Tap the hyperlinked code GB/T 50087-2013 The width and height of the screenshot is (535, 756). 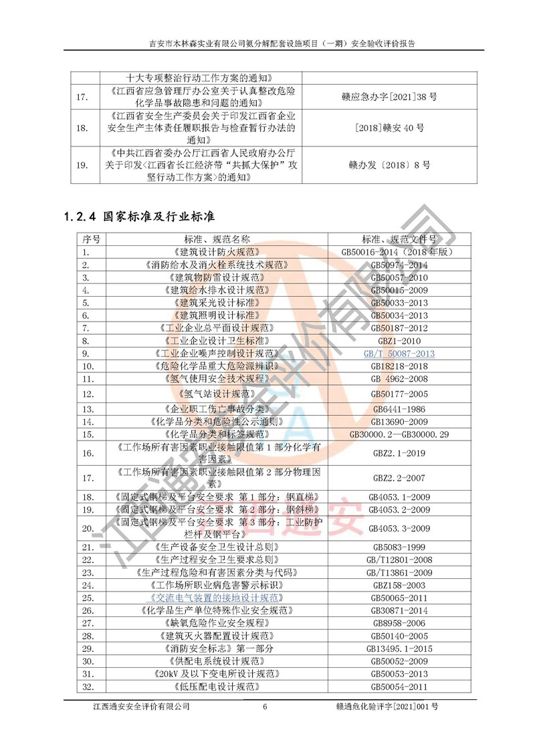click(x=399, y=354)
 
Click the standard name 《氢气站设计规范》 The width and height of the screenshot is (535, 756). click(x=217, y=394)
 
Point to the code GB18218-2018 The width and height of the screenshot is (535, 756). click(x=399, y=366)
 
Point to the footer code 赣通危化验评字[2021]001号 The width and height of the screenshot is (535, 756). click(x=389, y=707)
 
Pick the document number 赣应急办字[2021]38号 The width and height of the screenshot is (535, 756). click(x=389, y=98)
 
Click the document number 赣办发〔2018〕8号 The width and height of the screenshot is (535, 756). click(x=389, y=164)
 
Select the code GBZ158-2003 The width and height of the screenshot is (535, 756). click(x=399, y=585)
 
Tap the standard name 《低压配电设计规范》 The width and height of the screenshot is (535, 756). click(x=217, y=686)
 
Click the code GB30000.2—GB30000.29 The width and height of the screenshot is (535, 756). click(x=399, y=434)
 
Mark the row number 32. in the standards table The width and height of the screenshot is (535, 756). click(x=86, y=686)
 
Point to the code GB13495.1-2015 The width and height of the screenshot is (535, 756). click(x=399, y=648)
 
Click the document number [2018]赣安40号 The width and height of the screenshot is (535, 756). click(x=389, y=128)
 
